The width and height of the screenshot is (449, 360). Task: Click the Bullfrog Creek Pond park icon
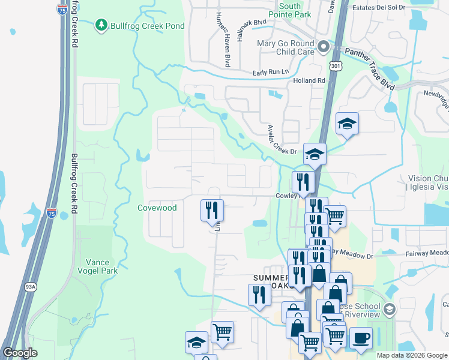[x=101, y=25]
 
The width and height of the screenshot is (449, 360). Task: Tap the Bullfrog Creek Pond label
[x=146, y=26]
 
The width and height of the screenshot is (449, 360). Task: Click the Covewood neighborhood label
[x=157, y=208]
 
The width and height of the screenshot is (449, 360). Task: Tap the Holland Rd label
[x=309, y=80]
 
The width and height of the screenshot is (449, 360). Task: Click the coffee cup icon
[x=361, y=338]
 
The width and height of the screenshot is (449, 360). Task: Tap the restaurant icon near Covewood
[x=212, y=210]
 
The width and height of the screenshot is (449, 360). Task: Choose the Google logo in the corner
[x=20, y=353]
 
